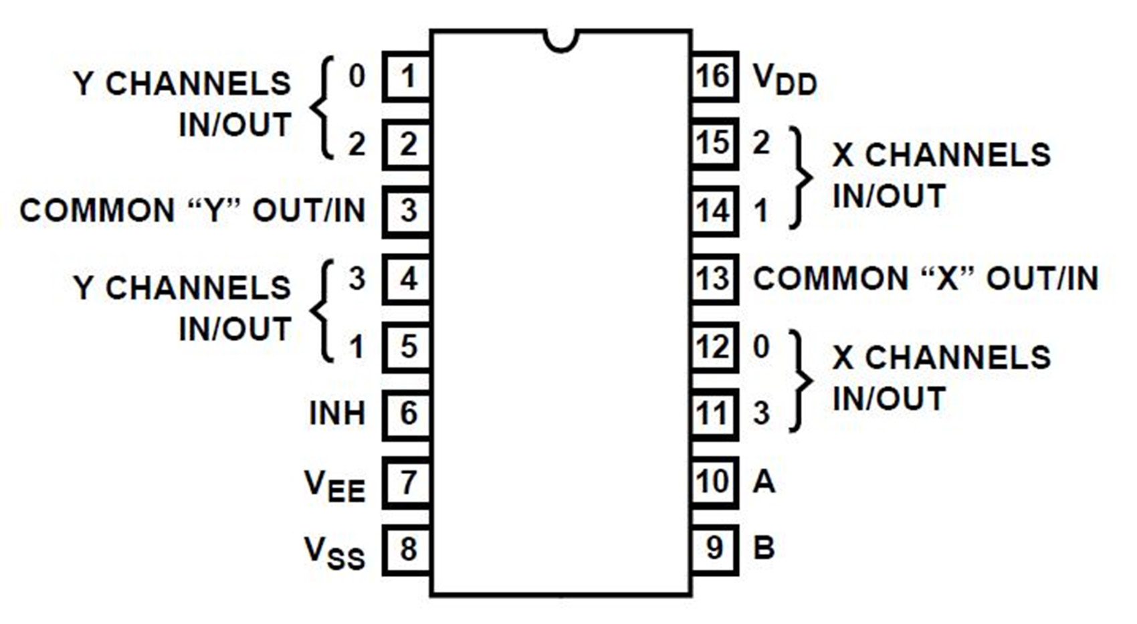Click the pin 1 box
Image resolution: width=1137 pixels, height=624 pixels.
click(x=407, y=77)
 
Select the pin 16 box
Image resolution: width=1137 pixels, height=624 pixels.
click(x=714, y=77)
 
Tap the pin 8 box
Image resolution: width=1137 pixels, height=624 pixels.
click(x=407, y=550)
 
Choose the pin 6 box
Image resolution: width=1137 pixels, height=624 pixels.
click(x=407, y=415)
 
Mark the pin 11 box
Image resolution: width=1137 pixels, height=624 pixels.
click(x=714, y=415)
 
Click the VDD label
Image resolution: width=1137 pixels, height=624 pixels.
click(x=785, y=80)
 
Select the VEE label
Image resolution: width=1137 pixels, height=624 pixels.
click(x=334, y=486)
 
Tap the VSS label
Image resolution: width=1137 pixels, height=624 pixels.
click(x=334, y=553)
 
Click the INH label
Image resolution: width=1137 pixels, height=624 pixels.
click(x=337, y=414)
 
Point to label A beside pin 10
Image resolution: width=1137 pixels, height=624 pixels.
click(x=764, y=482)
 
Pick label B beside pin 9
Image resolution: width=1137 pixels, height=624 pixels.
click(x=764, y=548)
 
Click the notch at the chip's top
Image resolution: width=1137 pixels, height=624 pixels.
click(x=560, y=40)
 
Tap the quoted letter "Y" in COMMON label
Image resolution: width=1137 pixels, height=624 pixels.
click(x=213, y=211)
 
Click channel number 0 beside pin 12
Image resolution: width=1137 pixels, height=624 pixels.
click(x=761, y=347)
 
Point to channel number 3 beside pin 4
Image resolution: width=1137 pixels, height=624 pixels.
click(x=357, y=279)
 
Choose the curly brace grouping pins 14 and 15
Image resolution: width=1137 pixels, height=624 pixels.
click(x=799, y=178)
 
